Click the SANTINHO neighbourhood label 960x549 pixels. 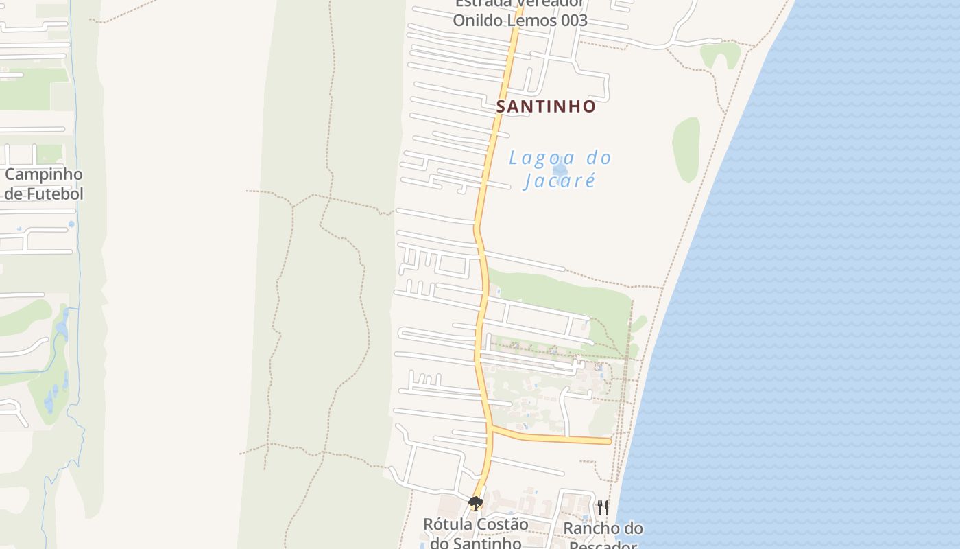pyautogui.click(x=546, y=106)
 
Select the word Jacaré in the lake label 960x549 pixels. pyautogui.click(x=559, y=181)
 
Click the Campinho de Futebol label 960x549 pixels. pyautogui.click(x=44, y=184)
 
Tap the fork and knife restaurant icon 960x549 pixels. pyautogui.click(x=603, y=507)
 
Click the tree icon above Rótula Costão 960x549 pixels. pyautogui.click(x=475, y=504)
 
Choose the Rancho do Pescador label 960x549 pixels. pyautogui.click(x=603, y=536)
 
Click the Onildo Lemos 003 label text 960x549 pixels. pyautogui.click(x=520, y=20)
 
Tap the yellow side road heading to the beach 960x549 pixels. pyautogui.click(x=555, y=438)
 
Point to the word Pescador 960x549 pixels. pyautogui.click(x=603, y=546)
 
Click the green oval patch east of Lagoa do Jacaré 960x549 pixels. pyautogui.click(x=686, y=149)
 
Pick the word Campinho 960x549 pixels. pyautogui.click(x=44, y=174)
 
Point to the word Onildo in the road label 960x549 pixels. pyautogui.click(x=479, y=20)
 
